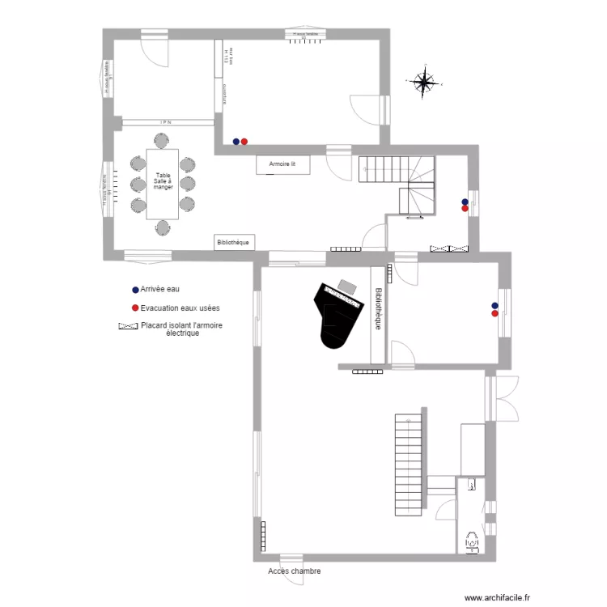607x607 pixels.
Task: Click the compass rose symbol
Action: pos(423,82)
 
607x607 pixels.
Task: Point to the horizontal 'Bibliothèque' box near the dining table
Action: pos(235,241)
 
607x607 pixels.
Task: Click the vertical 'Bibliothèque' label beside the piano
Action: pos(377,310)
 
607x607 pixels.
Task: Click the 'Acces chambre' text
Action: pos(295,571)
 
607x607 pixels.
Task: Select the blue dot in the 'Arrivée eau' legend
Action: pos(134,289)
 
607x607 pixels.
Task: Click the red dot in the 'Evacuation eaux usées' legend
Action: pos(134,308)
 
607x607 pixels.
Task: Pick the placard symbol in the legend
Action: pos(128,326)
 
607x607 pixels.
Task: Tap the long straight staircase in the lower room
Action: pos(409,465)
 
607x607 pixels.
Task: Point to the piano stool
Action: pos(347,286)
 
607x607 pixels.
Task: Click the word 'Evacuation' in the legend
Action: pos(159,308)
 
